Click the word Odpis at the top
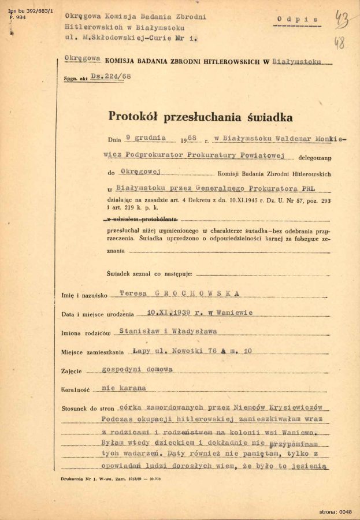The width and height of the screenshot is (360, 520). [x=298, y=19]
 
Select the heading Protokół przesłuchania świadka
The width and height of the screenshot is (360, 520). [x=200, y=117]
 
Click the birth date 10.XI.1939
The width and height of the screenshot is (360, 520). [x=169, y=313]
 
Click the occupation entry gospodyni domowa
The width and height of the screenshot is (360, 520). [x=137, y=369]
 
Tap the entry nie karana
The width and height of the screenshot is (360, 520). [x=124, y=388]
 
